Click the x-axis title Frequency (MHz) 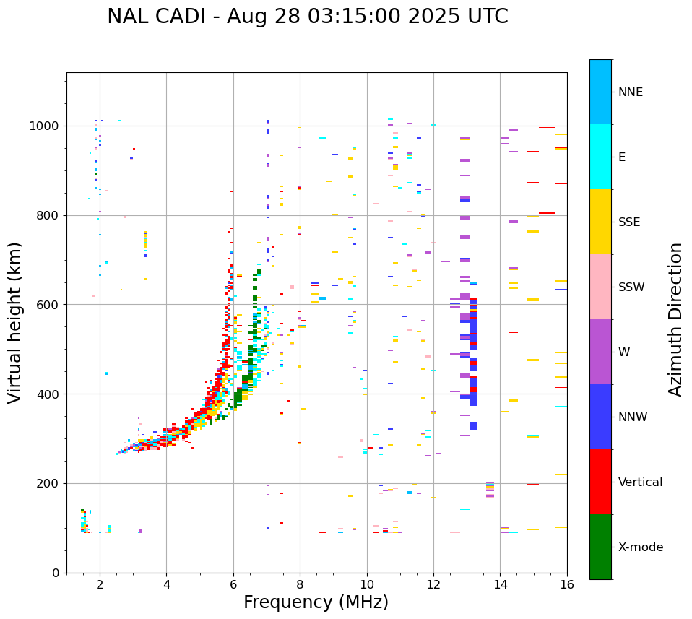[x=316, y=602]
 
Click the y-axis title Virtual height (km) [x=15, y=323]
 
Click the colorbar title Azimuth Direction [x=675, y=319]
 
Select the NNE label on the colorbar [x=630, y=92]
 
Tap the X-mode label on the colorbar [x=640, y=547]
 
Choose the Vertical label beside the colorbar [x=640, y=482]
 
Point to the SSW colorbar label [x=631, y=287]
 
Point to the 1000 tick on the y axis [x=46, y=126]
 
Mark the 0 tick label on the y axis [x=56, y=573]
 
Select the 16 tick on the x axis [x=567, y=584]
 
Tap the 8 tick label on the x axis [x=300, y=584]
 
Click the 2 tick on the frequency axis [x=100, y=584]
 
